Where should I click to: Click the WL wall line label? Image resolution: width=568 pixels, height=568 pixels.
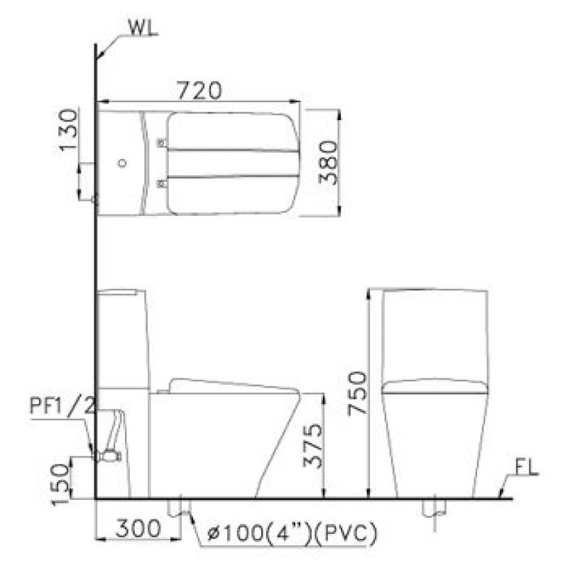pos(143,28)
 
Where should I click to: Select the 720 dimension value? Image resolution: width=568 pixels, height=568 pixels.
pos(200,91)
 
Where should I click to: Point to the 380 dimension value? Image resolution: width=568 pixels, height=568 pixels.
pos(329,163)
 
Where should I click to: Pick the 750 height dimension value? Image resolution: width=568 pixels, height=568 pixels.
pos(357,393)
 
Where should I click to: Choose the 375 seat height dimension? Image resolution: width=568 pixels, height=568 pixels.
pos(312,446)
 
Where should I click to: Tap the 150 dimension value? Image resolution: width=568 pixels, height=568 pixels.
pos(60,484)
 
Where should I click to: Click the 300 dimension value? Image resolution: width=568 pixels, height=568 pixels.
pos(138,528)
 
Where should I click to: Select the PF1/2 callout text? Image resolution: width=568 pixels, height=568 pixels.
pos(62,406)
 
